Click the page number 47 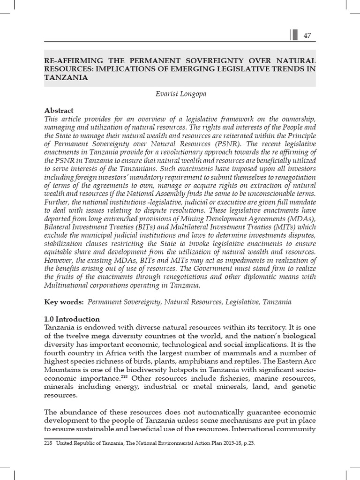tap(307, 36)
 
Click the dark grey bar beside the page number tap(295, 36)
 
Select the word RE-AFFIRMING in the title tap(70, 61)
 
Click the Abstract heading tap(59, 111)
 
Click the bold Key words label tap(64, 302)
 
